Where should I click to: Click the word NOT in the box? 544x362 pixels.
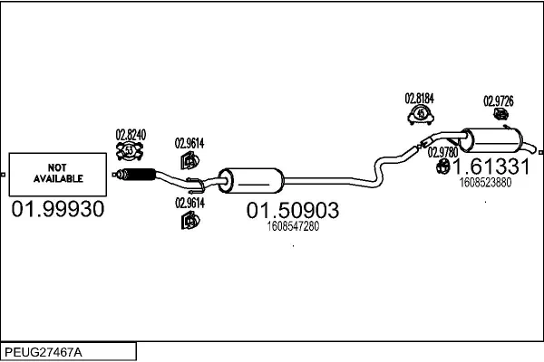[x=57, y=167]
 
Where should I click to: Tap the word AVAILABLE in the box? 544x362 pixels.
[x=57, y=178]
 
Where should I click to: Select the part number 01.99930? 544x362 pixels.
[x=57, y=209]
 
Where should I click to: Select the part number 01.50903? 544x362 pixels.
[x=293, y=211]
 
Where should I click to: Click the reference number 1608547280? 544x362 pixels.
[x=294, y=226]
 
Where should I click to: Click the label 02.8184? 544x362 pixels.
[x=419, y=97]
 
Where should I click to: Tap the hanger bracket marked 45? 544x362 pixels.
[x=420, y=114]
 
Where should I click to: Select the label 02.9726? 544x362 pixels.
[x=498, y=100]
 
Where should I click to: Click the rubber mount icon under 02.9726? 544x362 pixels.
[x=498, y=116]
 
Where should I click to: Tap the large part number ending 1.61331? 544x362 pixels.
[x=490, y=167]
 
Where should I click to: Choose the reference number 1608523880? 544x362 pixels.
[x=485, y=182]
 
